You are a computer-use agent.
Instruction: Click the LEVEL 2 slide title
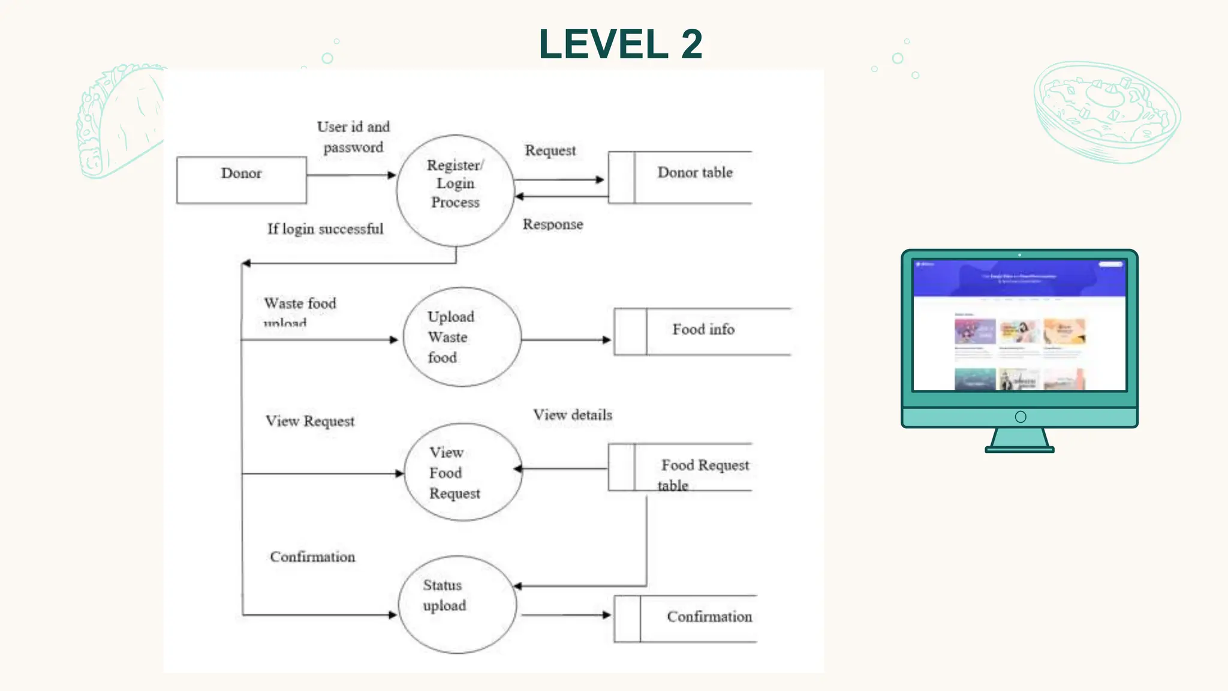tap(620, 44)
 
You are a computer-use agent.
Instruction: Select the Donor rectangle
tap(241, 180)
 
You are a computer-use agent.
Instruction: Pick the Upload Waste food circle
tap(462, 337)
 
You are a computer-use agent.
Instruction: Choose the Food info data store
tap(702, 331)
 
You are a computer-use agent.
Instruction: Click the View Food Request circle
tap(462, 472)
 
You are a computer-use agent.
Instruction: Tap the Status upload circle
tap(457, 603)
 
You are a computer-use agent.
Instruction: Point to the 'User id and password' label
tap(353, 137)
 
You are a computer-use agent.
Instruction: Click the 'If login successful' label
tap(325, 229)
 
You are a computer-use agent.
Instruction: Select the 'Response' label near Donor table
tap(552, 224)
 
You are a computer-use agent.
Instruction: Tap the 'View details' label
tap(573, 415)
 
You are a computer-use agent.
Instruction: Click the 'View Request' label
tap(309, 421)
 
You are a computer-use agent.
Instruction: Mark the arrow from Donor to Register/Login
tap(351, 175)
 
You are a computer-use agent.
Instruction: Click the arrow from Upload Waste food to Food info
tap(565, 340)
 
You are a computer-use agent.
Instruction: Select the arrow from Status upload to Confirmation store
tap(565, 615)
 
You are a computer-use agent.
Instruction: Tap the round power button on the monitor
tap(1021, 417)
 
